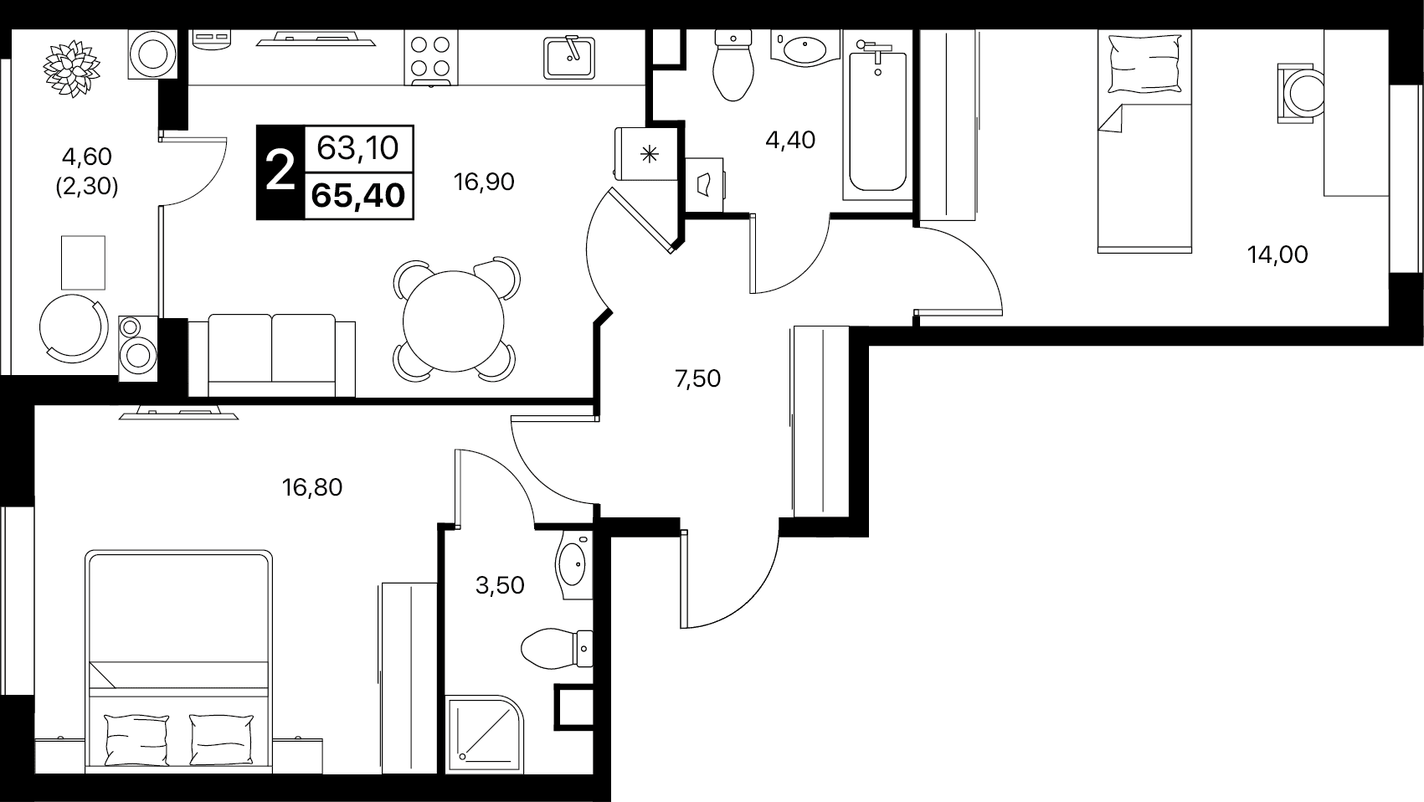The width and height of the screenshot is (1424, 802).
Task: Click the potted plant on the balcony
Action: point(72,69)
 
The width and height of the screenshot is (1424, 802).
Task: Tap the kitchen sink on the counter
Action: point(569,57)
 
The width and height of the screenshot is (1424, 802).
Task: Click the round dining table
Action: point(453,321)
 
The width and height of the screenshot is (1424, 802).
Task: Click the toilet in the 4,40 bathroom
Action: point(733,64)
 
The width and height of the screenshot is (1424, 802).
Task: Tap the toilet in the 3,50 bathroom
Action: point(557,649)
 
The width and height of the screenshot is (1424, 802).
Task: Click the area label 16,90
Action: point(484,183)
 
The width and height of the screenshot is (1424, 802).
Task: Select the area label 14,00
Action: point(1277,255)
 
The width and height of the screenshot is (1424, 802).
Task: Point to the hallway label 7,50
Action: point(697,379)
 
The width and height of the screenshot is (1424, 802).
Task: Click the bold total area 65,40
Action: point(358,195)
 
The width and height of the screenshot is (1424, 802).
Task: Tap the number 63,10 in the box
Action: point(358,148)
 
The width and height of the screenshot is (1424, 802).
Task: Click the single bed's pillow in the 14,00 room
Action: point(1144,64)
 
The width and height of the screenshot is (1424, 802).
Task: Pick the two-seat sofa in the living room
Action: point(272,355)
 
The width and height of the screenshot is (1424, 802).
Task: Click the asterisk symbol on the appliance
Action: point(649,154)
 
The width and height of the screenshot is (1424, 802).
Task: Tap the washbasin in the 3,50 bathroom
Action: point(573,565)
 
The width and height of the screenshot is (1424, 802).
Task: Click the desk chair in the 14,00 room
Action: point(1301,94)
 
